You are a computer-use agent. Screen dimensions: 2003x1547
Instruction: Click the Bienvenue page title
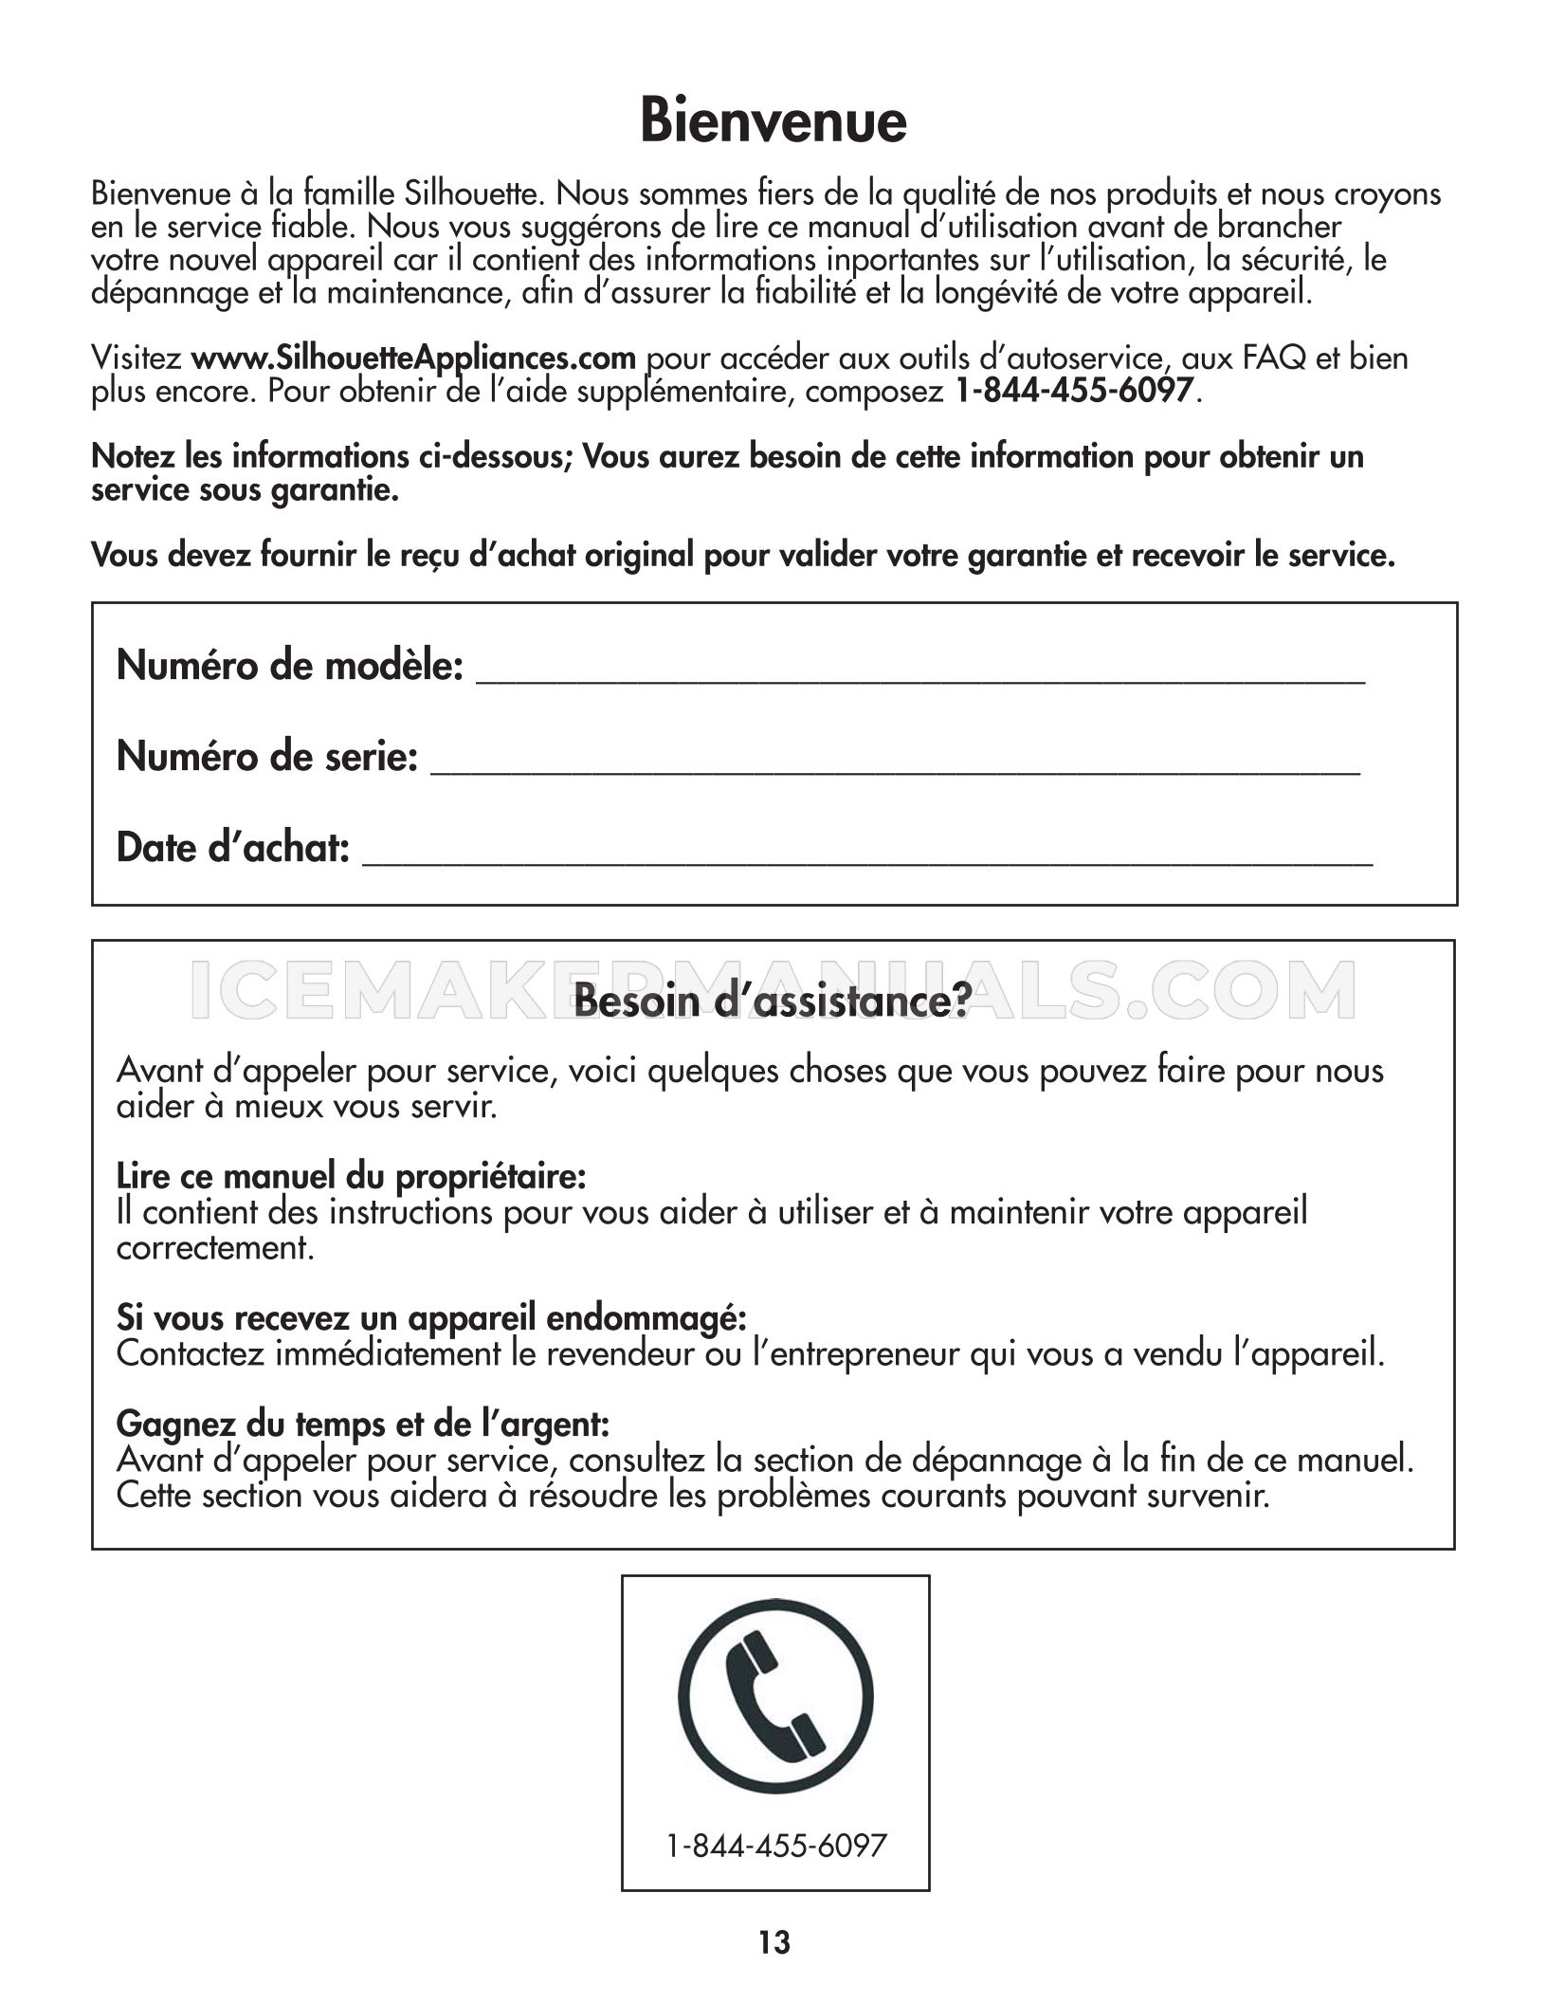point(773,121)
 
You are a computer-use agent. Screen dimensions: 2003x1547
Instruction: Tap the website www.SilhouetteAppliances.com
point(413,358)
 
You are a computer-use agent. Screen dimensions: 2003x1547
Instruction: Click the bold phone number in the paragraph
point(1073,391)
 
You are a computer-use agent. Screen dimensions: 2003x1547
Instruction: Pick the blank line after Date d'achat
point(867,855)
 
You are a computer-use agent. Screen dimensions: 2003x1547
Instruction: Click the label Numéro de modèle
point(289,666)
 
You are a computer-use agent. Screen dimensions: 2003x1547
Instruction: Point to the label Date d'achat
point(232,848)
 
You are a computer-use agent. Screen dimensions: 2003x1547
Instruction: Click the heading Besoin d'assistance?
point(773,1001)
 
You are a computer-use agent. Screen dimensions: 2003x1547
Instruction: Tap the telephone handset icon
point(775,1697)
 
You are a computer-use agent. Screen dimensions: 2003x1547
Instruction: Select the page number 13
point(773,1943)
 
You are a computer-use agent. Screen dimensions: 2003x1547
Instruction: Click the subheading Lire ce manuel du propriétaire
point(351,1177)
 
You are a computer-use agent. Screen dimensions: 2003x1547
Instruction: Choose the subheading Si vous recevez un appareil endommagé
point(431,1318)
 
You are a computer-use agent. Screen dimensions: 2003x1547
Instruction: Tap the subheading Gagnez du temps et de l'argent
point(362,1424)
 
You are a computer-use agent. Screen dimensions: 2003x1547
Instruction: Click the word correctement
point(214,1248)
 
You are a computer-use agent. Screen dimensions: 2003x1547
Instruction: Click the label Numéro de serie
point(266,757)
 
